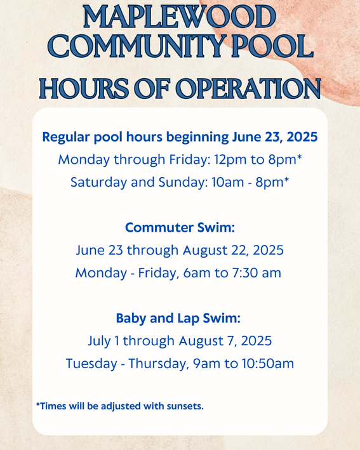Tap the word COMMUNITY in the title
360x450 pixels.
[137, 48]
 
